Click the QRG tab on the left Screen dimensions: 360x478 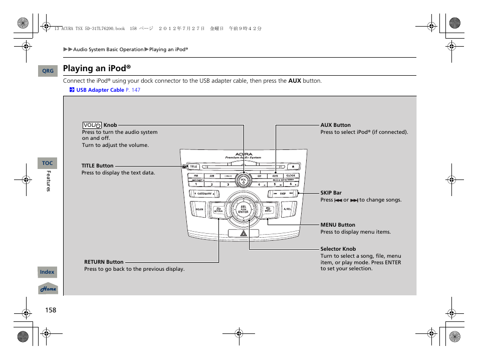point(48,71)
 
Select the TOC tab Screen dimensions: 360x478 point(47,163)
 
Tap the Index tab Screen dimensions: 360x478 point(47,272)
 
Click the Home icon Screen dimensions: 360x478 point(49,289)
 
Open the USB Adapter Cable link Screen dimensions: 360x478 point(100,90)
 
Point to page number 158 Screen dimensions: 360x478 point(51,310)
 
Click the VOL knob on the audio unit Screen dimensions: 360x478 point(244,181)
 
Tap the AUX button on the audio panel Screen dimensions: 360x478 point(275,176)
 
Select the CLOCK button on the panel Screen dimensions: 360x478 point(291,176)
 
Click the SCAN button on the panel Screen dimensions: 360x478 point(199,209)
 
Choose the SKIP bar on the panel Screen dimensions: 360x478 point(283,194)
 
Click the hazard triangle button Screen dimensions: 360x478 point(244,233)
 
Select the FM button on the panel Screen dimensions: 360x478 point(196,176)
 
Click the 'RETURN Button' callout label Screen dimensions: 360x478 point(104,262)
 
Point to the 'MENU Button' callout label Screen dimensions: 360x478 point(338,225)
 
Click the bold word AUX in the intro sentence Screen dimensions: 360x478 point(295,81)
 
